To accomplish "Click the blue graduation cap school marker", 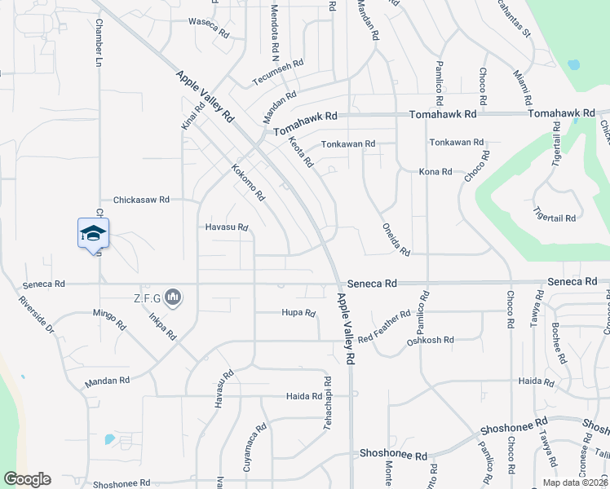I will [93, 234].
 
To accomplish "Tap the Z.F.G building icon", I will [172, 297].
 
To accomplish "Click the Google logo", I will [27, 479].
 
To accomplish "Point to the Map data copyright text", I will [574, 482].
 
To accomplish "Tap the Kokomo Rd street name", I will [249, 183].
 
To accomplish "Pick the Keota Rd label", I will [301, 152].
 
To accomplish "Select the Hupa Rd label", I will [298, 312].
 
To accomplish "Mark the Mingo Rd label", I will [109, 319].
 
